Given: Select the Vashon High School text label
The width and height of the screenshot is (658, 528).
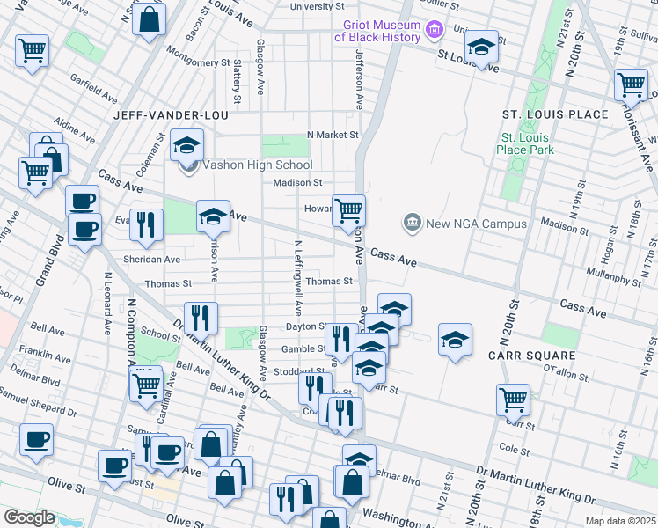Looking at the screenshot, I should click(x=257, y=165).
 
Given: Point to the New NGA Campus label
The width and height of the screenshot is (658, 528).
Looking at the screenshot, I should click(x=476, y=224).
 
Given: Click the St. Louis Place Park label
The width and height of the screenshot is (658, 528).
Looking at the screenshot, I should click(x=526, y=143).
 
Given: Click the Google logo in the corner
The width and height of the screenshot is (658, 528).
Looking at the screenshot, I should click(x=29, y=517).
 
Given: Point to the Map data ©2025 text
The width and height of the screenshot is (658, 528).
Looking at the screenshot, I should click(x=620, y=521).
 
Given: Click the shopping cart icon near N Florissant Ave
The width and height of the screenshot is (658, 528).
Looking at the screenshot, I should click(x=632, y=84).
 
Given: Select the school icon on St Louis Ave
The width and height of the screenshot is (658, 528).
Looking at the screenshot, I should click(x=481, y=46).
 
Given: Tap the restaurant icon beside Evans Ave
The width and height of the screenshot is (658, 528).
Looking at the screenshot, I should click(x=146, y=224).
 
